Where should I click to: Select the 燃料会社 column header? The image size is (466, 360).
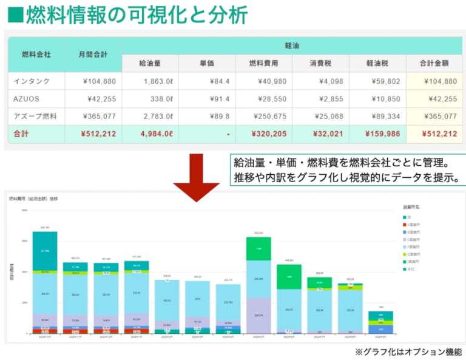click(x=36, y=55)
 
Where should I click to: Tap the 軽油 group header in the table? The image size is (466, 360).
click(x=292, y=46)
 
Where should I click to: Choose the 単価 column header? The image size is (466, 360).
click(x=206, y=63)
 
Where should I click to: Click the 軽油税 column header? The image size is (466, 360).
click(x=377, y=63)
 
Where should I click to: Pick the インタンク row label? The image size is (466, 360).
click(x=32, y=81)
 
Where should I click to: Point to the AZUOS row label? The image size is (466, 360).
click(x=26, y=99)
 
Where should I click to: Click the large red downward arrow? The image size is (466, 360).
click(x=196, y=177)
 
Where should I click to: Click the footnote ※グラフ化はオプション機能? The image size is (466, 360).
click(x=408, y=352)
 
